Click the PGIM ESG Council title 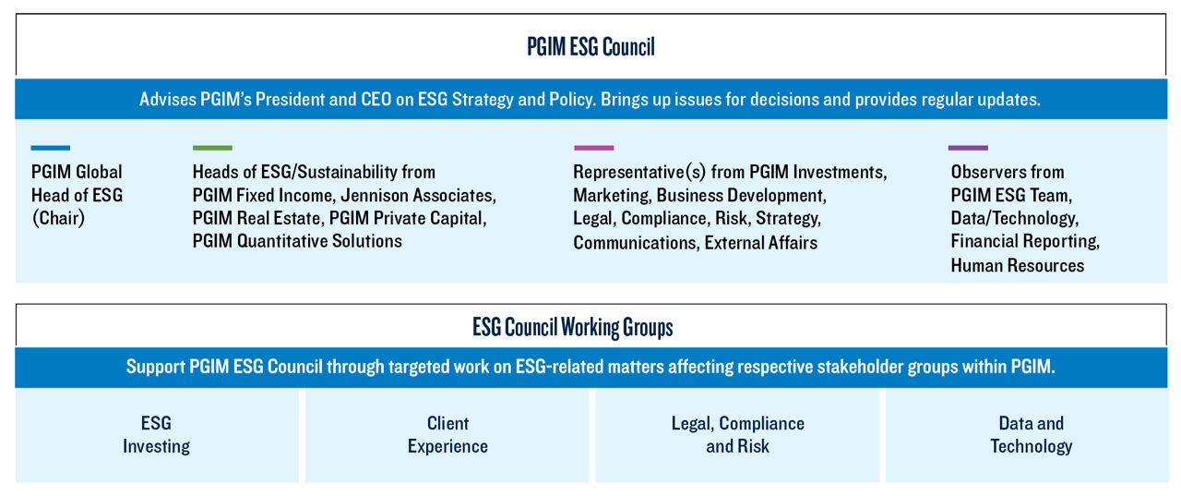(x=590, y=46)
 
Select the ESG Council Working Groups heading (x=573, y=327)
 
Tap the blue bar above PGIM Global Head (x=51, y=148)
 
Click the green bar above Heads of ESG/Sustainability (x=212, y=148)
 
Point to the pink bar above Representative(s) (x=593, y=148)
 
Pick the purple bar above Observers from (x=968, y=148)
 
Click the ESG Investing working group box (x=157, y=435)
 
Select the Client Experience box (x=447, y=435)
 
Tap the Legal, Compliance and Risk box (x=737, y=435)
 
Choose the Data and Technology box (x=1027, y=435)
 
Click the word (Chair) (x=58, y=218)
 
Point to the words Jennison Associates (x=418, y=195)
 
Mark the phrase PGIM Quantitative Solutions (x=297, y=241)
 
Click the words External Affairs (x=761, y=243)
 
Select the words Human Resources (x=1018, y=265)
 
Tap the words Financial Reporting (x=1025, y=241)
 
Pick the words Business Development (x=741, y=195)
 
